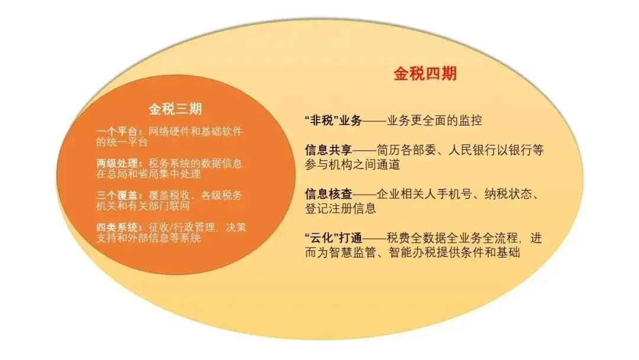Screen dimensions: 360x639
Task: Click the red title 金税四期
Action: point(425,74)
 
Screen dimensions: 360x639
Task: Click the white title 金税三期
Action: point(175,109)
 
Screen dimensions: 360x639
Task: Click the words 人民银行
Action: point(460,150)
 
